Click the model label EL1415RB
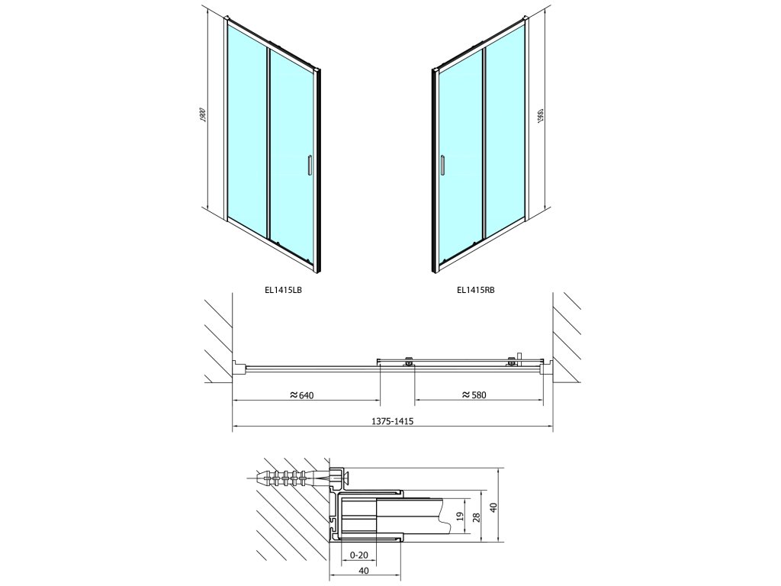click(476, 289)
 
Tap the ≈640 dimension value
click(302, 394)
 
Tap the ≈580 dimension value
click(474, 394)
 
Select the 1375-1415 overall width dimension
click(392, 420)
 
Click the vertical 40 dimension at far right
click(493, 507)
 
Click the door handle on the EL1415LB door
click(310, 166)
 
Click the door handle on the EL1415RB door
click(441, 166)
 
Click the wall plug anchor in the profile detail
click(290, 478)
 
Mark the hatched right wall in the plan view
click(567, 336)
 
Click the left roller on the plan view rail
click(410, 363)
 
